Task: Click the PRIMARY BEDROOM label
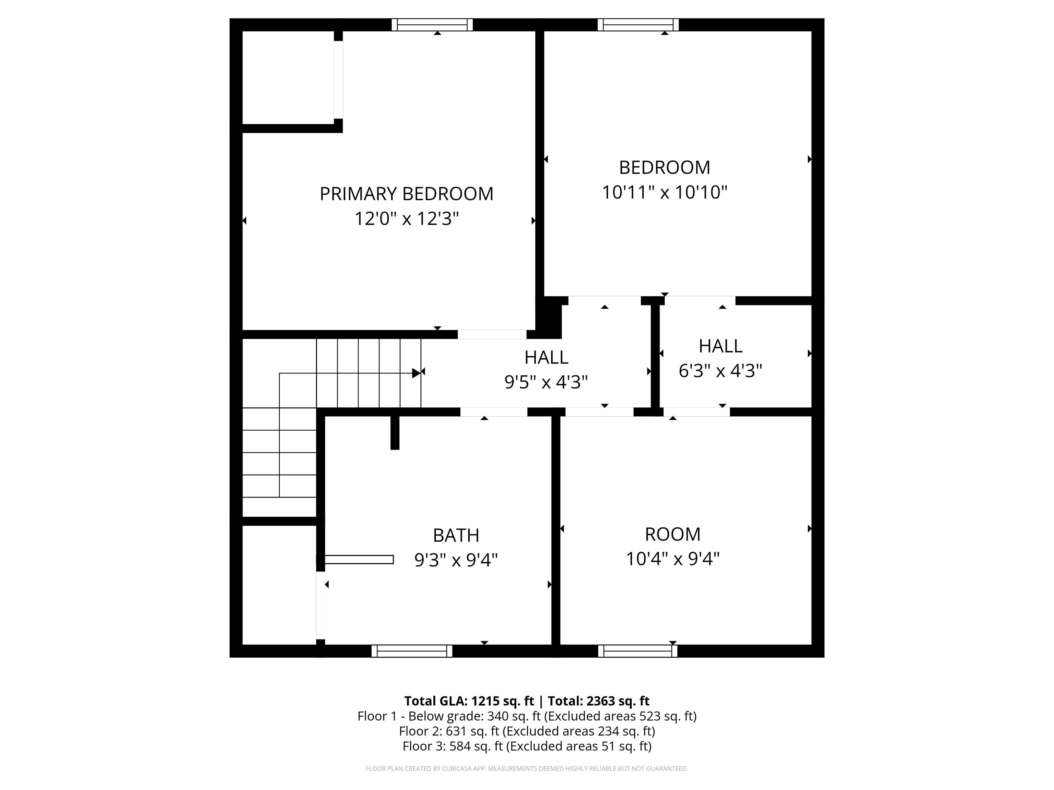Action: [x=407, y=194]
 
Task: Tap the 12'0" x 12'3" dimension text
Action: [x=407, y=219]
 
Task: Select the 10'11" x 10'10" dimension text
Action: [x=665, y=192]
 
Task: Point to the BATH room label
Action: [x=456, y=535]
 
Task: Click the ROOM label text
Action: [x=673, y=534]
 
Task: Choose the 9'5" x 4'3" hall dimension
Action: [x=546, y=382]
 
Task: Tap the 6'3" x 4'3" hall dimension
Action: [x=721, y=370]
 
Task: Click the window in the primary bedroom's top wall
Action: [x=432, y=25]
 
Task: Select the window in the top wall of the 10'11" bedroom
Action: [x=639, y=25]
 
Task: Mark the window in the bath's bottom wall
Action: [x=412, y=651]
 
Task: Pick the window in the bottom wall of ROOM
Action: [x=637, y=651]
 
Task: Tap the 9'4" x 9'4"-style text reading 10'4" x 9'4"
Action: [x=673, y=559]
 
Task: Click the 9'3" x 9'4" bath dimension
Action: [x=456, y=560]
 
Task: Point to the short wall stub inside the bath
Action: [x=395, y=433]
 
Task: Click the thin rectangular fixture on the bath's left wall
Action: [x=359, y=560]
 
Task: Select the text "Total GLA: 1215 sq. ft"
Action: [x=469, y=701]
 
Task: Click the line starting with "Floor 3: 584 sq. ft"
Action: [x=527, y=746]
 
